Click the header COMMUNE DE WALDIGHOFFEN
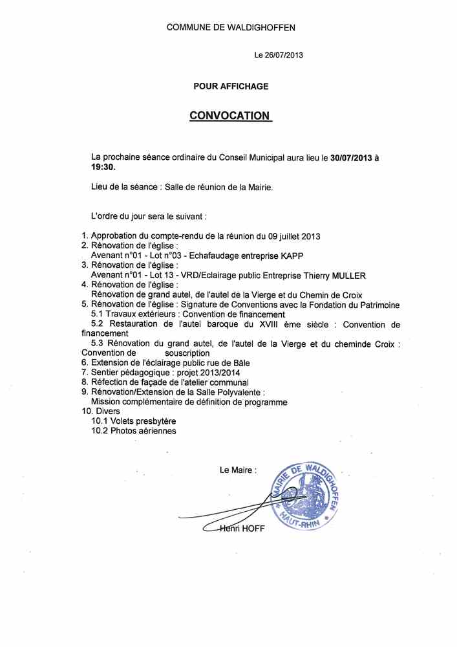(231, 27)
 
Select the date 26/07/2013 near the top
(284, 56)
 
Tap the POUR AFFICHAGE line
(231, 86)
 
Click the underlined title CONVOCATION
(229, 115)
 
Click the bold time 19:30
(103, 166)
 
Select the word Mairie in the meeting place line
(256, 187)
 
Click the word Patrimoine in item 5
(376, 305)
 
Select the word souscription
(187, 353)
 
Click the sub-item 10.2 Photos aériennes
(134, 430)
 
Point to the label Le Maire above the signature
(238, 470)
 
